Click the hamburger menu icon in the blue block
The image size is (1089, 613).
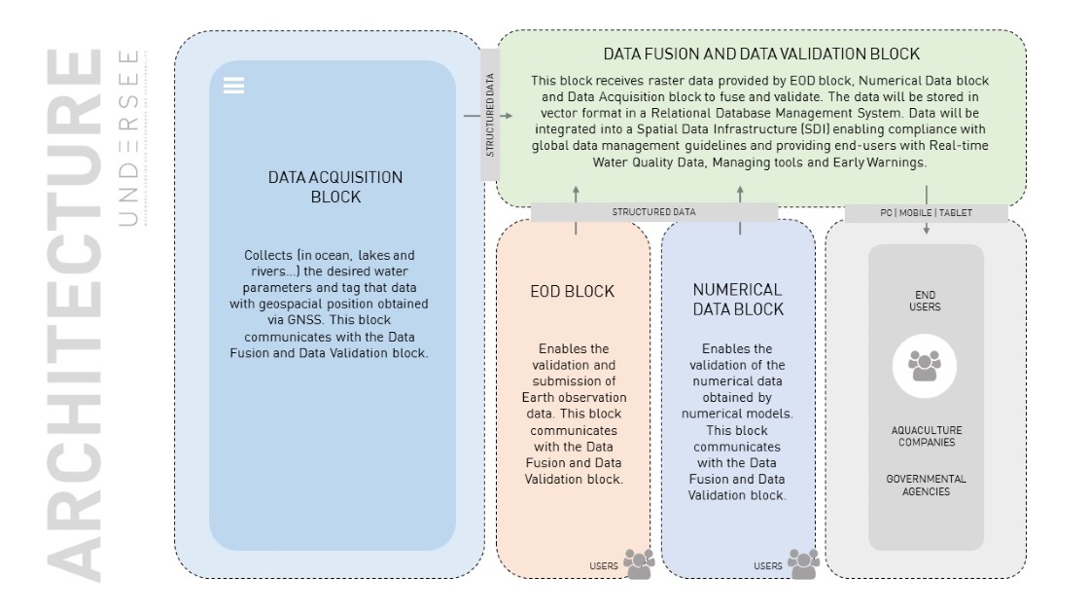click(x=233, y=86)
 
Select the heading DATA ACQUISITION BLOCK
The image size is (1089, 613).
click(x=335, y=187)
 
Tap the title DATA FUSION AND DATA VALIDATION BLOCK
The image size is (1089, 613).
click(x=761, y=54)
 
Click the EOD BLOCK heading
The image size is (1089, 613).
click(x=573, y=291)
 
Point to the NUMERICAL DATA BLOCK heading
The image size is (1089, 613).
click(x=738, y=300)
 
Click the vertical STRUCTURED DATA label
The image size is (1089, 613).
click(x=490, y=115)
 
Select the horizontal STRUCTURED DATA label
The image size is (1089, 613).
click(x=653, y=212)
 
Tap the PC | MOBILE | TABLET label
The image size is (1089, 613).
click(x=926, y=213)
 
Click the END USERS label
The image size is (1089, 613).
click(x=925, y=301)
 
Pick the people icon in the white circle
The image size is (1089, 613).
click(x=925, y=366)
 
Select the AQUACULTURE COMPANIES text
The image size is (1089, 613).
click(x=927, y=437)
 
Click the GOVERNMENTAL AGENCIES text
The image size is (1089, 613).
click(x=926, y=486)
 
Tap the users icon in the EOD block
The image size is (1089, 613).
click(x=639, y=563)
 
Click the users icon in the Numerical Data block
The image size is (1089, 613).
click(x=803, y=563)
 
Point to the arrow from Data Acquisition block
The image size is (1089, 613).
click(x=487, y=116)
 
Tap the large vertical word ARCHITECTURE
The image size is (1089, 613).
click(x=74, y=315)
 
